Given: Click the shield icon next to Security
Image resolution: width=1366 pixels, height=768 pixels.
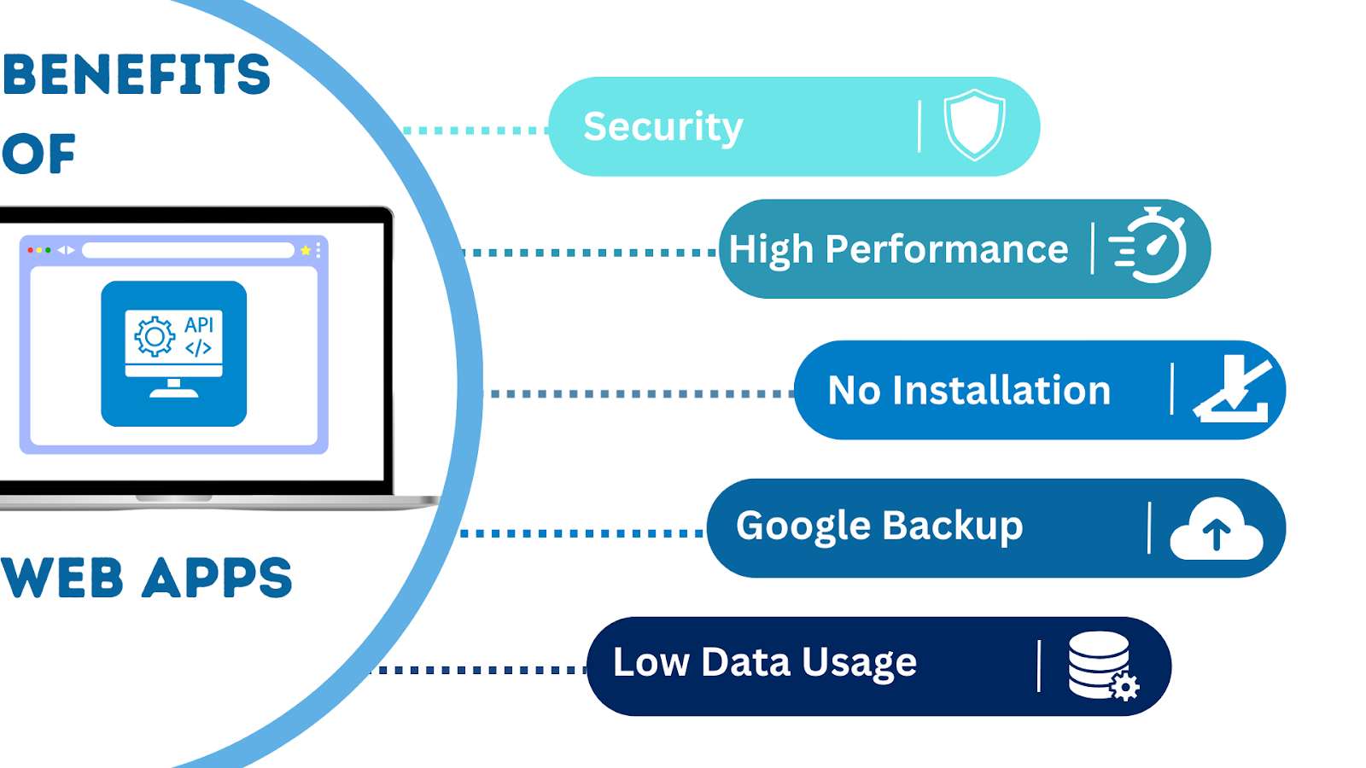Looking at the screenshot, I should tap(974, 125).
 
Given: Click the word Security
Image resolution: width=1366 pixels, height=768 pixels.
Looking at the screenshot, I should tap(663, 127).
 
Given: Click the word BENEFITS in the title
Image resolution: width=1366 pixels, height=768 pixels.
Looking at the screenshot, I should tap(137, 74).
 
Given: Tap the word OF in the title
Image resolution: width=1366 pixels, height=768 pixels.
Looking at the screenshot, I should tap(38, 154).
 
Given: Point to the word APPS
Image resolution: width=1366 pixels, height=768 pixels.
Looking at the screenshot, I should tap(218, 578).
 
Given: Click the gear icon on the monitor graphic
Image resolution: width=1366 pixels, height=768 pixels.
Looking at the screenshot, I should tap(155, 337).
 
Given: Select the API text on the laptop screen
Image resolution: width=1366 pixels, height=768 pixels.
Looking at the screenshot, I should tap(199, 324).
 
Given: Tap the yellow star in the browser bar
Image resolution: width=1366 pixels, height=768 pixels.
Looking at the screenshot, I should tap(305, 250).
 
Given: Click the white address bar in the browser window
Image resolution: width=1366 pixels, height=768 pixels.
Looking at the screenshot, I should tap(188, 250).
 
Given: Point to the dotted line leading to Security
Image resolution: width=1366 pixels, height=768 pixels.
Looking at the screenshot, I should tap(475, 131).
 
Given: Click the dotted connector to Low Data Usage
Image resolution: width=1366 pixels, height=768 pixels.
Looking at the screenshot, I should tap(482, 670).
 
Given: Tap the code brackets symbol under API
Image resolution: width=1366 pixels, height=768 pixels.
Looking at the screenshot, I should tap(198, 348).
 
